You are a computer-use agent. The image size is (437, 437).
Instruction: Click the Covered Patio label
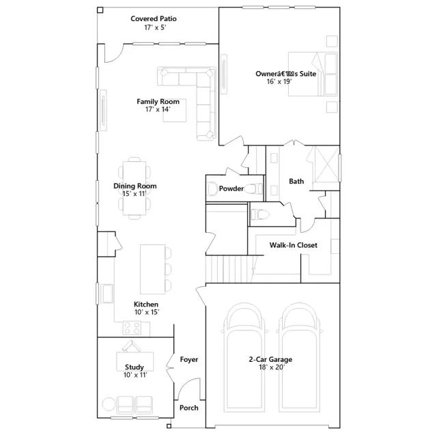tap(154, 18)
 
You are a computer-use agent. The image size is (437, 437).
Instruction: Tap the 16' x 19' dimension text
tap(279, 81)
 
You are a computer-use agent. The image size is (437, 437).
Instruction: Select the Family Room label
tap(158, 102)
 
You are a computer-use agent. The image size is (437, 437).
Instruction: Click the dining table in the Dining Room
tap(135, 188)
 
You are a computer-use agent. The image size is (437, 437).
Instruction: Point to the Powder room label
tap(231, 188)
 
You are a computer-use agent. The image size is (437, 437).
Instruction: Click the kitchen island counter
tap(152, 269)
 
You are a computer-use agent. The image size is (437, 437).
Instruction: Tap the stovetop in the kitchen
tap(132, 328)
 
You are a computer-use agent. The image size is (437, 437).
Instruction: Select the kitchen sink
tap(107, 294)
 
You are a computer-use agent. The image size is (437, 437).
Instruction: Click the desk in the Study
tap(135, 361)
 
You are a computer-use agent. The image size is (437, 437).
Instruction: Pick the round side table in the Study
tap(109, 404)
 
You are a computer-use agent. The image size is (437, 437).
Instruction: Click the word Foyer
tap(189, 360)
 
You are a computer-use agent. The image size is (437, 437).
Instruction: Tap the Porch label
tap(189, 408)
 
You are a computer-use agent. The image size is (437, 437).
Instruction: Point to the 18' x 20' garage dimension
tap(272, 367)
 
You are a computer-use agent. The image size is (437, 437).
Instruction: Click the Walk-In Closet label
tap(293, 245)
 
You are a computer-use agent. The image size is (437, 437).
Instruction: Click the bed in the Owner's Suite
tap(313, 74)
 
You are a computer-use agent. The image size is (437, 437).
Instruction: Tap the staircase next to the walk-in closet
tap(229, 269)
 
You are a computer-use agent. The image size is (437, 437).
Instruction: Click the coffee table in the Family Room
tap(175, 111)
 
